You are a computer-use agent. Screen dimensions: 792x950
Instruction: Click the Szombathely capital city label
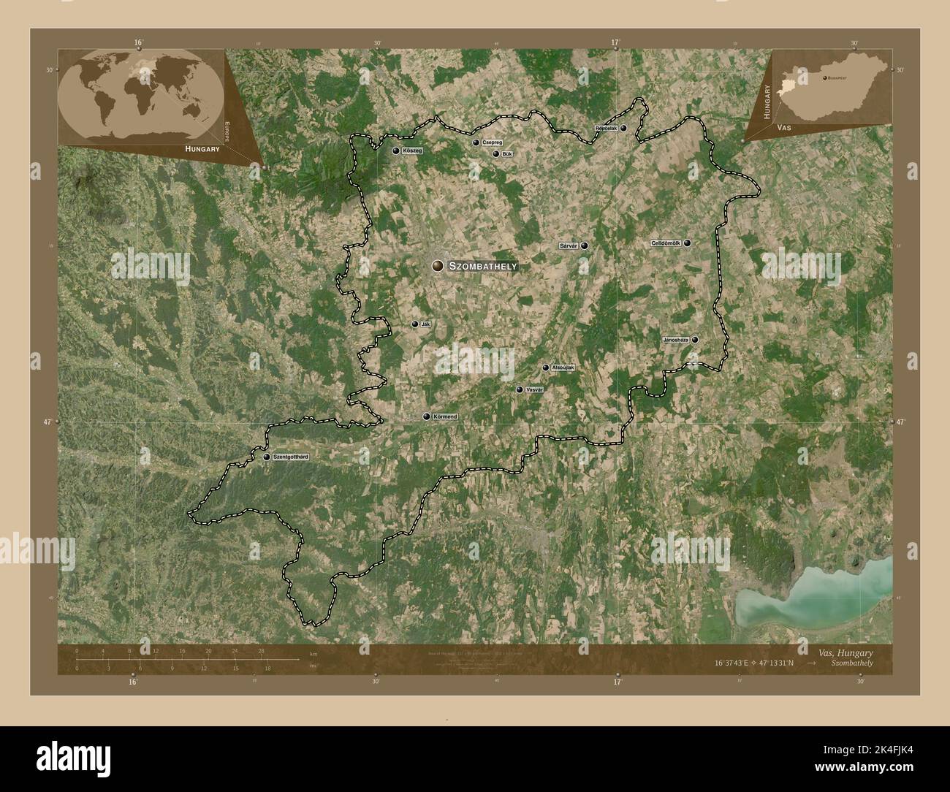click(x=483, y=267)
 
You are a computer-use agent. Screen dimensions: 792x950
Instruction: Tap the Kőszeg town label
click(x=413, y=151)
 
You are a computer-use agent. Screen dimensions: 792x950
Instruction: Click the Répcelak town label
click(x=607, y=128)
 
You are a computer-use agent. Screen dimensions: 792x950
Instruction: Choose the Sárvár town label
click(x=569, y=246)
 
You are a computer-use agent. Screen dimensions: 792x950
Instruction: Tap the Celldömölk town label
click(x=665, y=243)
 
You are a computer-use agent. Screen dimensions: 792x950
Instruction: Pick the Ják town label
click(x=425, y=324)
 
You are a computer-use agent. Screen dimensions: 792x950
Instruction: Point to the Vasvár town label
click(x=535, y=390)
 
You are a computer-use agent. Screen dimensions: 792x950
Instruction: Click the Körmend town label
click(x=445, y=416)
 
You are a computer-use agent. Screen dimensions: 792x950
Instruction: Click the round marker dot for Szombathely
click(x=437, y=267)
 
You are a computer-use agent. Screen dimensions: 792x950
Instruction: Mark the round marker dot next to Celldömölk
click(x=687, y=243)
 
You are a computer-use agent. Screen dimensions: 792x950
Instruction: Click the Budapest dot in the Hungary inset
click(x=825, y=77)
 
